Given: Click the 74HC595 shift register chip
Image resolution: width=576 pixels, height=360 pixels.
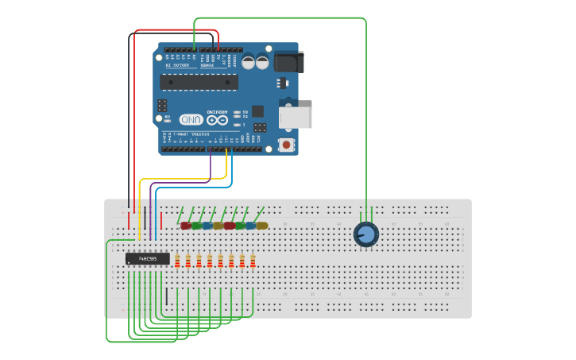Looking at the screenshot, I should (x=147, y=258).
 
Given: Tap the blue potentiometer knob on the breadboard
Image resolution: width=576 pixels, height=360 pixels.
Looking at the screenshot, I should (x=365, y=234).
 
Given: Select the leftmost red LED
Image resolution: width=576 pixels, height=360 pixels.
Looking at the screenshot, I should (x=186, y=226).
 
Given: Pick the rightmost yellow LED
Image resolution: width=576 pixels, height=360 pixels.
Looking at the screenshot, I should (x=262, y=226).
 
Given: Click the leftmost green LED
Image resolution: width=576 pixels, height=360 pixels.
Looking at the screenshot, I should (x=196, y=226).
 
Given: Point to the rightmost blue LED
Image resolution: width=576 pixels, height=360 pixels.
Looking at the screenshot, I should (x=251, y=226).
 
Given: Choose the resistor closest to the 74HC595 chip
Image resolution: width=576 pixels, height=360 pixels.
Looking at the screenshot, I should (x=177, y=261).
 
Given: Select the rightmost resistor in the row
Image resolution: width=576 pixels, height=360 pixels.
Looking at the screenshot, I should (x=253, y=261).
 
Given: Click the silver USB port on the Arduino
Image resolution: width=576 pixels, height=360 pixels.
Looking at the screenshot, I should (x=296, y=118).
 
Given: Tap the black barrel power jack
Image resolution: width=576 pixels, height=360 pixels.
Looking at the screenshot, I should (x=288, y=62).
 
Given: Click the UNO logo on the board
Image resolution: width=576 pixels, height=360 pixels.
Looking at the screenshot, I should (x=191, y=119).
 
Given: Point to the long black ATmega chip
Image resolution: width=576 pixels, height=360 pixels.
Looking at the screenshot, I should (x=199, y=82).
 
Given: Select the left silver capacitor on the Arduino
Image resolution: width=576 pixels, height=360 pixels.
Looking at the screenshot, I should (x=249, y=61).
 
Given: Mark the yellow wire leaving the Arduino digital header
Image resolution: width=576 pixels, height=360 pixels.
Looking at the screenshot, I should (x=226, y=167).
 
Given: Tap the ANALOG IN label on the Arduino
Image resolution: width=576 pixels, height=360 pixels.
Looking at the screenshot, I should (x=178, y=65).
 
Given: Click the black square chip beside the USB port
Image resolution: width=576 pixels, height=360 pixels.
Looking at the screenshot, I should (x=257, y=111).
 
